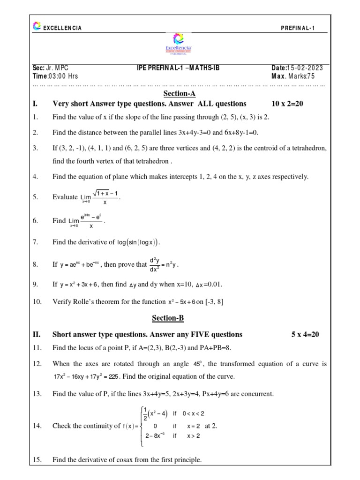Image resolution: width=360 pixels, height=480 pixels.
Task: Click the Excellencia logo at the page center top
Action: (x=180, y=44)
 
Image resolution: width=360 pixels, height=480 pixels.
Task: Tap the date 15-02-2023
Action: (x=305, y=68)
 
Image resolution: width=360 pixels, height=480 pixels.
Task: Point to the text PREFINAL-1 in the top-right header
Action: (x=298, y=28)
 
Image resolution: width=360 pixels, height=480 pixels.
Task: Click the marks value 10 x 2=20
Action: (x=287, y=104)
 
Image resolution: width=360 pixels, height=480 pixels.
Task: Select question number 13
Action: (x=37, y=394)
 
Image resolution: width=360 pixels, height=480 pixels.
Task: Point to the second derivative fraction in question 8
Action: (x=155, y=265)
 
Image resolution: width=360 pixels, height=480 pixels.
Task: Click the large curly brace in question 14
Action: (x=139, y=426)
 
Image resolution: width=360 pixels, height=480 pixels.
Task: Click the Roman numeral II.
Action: (x=37, y=335)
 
